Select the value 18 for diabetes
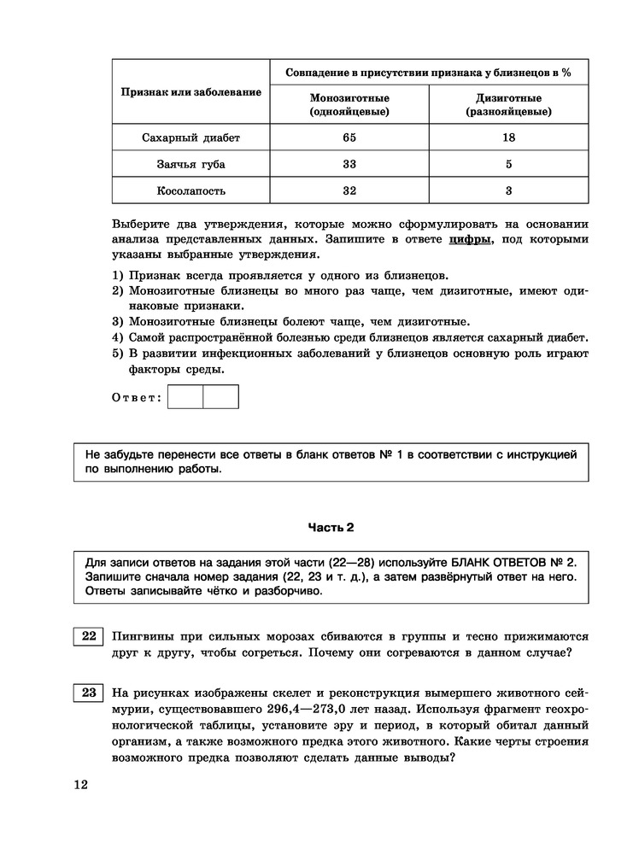click(508, 137)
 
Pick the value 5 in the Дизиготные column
click(508, 164)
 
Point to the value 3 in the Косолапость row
click(508, 190)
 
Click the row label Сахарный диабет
click(191, 137)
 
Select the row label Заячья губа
click(191, 164)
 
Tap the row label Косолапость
click(191, 190)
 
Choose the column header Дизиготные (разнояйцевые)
click(508, 104)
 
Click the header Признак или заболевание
click(191, 91)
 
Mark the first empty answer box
click(185, 397)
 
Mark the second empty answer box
click(220, 397)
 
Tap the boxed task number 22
click(88, 637)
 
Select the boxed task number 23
click(88, 693)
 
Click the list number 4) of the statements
click(118, 337)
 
